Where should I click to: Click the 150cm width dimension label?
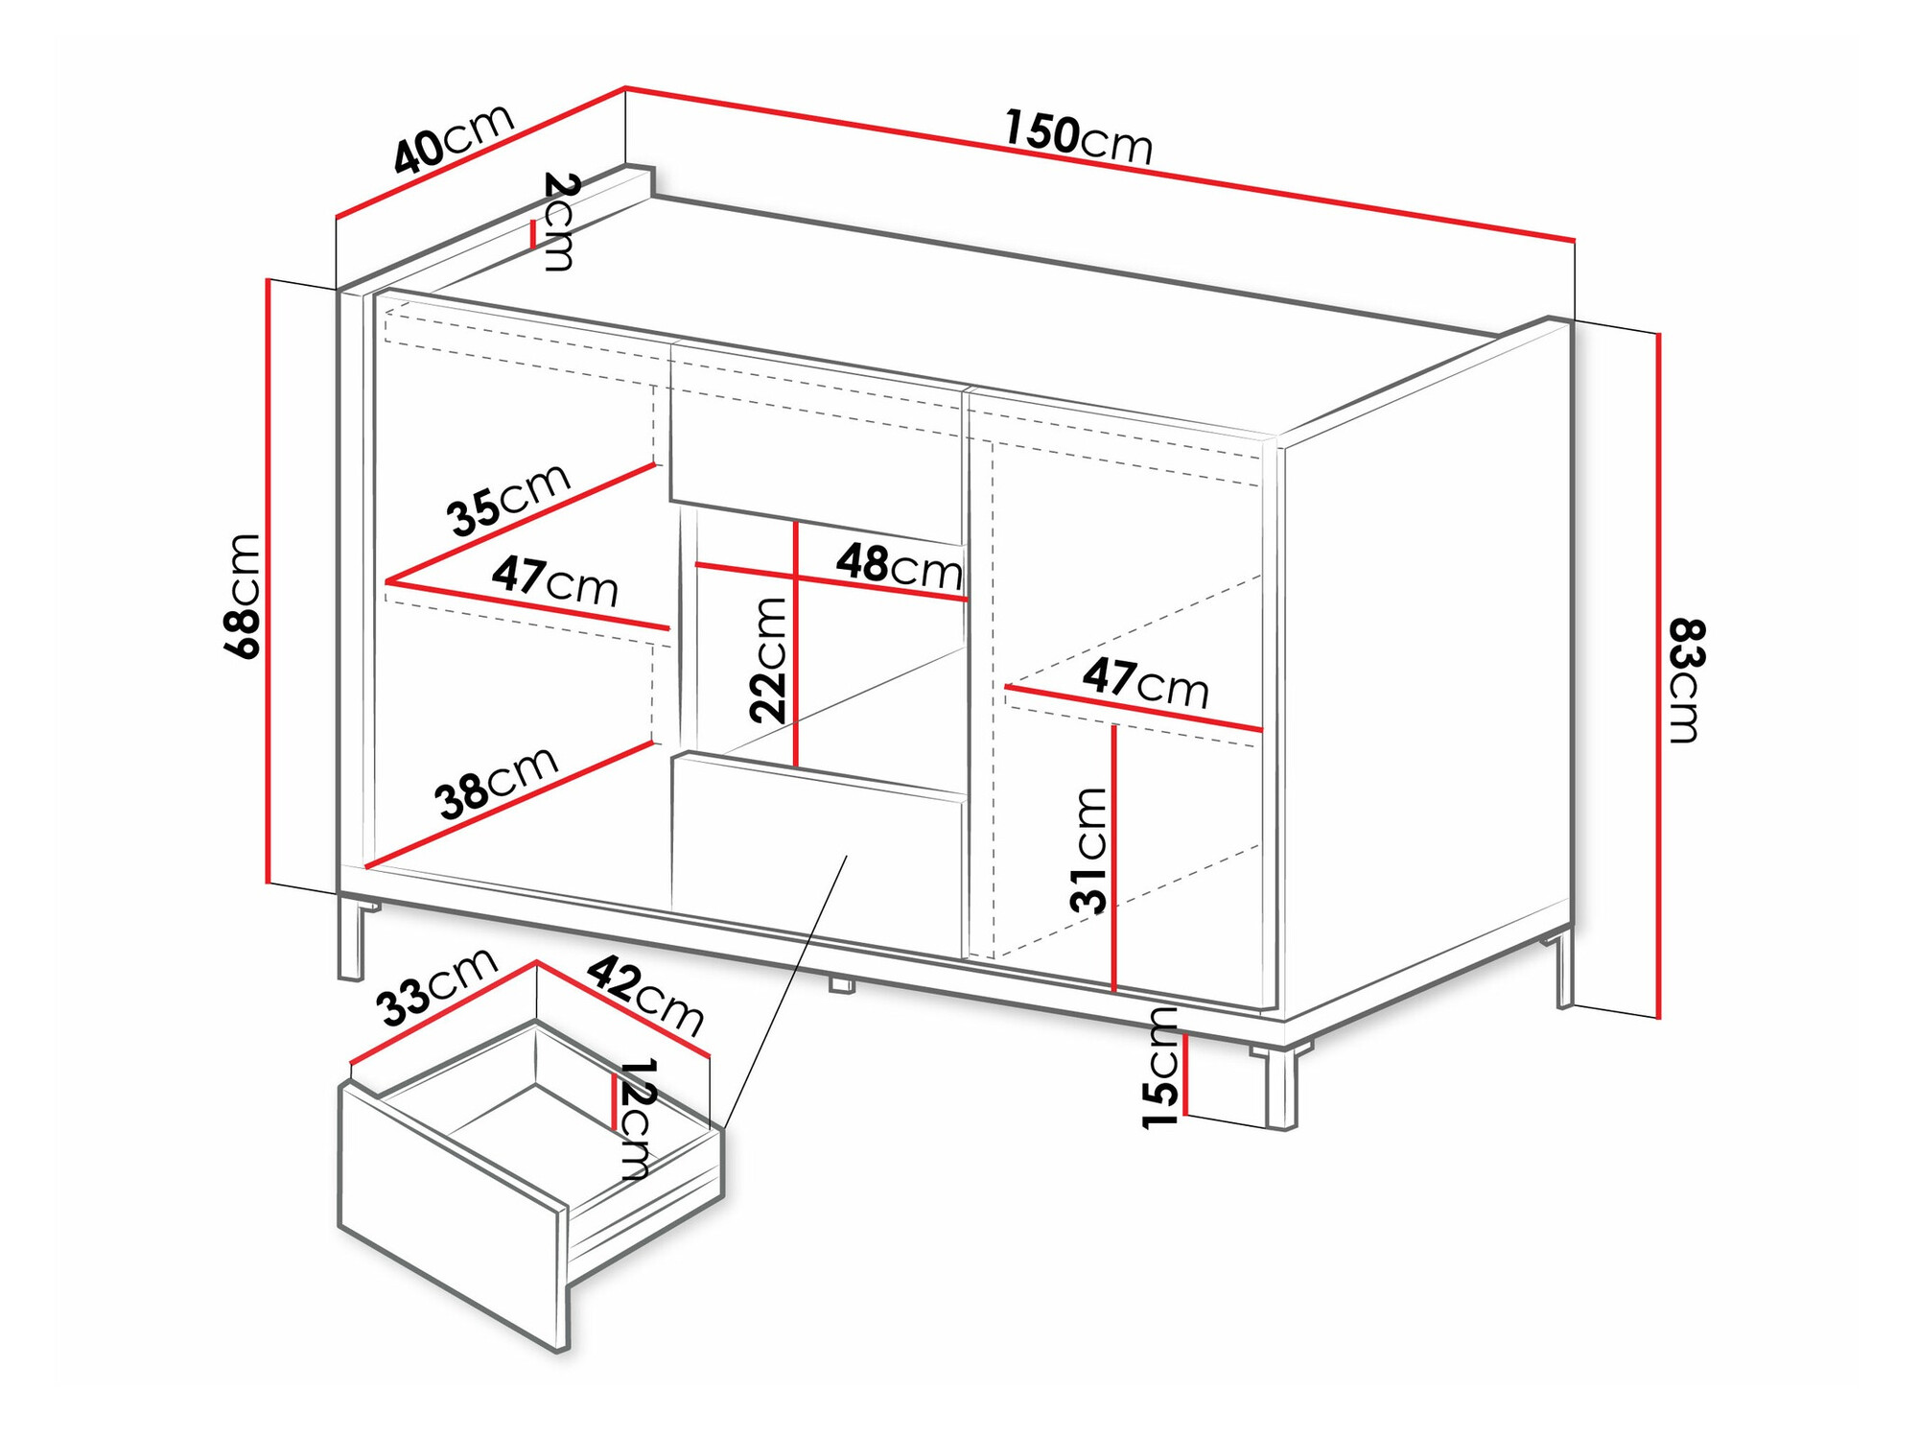(x=1078, y=136)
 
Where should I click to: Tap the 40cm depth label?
(x=454, y=138)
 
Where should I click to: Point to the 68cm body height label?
(x=242, y=596)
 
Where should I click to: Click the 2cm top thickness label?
(x=559, y=222)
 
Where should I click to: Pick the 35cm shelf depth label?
(x=508, y=499)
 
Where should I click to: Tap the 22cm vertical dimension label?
(x=768, y=659)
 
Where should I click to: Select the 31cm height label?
(x=1089, y=849)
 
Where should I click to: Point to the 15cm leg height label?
(x=1159, y=1068)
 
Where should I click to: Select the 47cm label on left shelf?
(x=554, y=580)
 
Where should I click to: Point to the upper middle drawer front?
(x=815, y=441)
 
